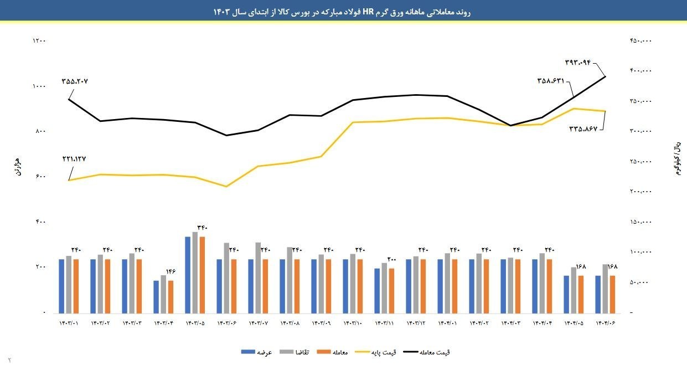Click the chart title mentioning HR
click(x=343, y=12)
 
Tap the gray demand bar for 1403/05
click(x=195, y=272)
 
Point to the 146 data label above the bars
click(x=171, y=271)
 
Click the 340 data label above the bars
click(x=202, y=227)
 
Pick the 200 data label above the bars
click(x=391, y=259)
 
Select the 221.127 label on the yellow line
click(x=75, y=159)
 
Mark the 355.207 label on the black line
click(x=75, y=81)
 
